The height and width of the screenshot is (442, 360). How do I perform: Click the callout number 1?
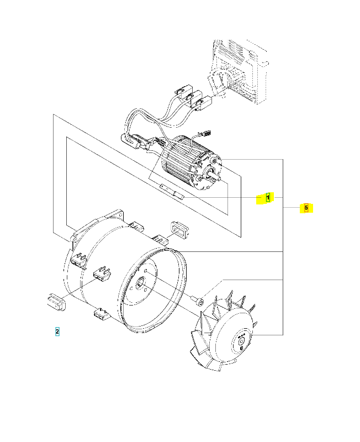point(268,197)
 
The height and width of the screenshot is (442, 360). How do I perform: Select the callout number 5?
point(306,208)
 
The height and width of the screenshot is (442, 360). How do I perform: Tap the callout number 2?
point(57,331)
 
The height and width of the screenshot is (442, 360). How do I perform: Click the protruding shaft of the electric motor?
point(220,178)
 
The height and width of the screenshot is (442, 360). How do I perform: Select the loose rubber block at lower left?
point(56,302)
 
